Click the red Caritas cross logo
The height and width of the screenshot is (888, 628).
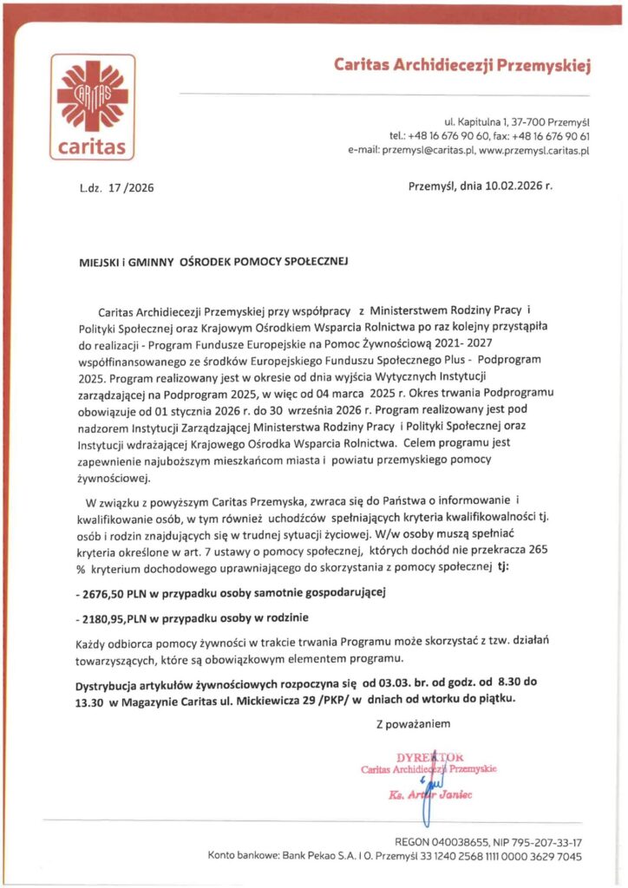pos(91,95)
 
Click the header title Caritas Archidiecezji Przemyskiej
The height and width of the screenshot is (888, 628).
pos(462,65)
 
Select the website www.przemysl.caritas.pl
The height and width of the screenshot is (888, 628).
pos(534,150)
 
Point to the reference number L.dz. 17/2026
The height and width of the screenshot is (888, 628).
pos(115,188)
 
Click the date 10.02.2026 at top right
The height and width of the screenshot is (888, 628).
pos(505,186)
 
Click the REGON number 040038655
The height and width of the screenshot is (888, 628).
pos(465,841)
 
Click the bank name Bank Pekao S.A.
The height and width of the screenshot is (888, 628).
pos(315,856)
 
